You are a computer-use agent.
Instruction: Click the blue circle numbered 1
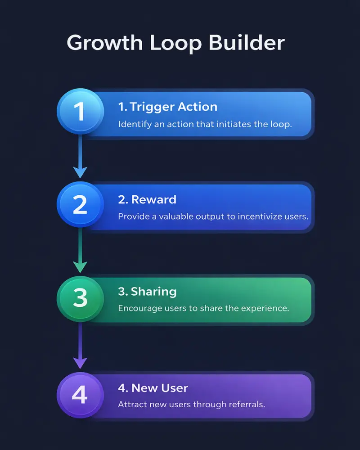coord(80,112)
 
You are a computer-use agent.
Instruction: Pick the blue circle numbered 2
coord(80,205)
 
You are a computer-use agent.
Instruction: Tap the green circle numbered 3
coord(80,298)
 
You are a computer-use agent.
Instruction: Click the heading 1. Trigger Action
coord(167,107)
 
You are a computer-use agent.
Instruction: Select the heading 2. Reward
coord(147,200)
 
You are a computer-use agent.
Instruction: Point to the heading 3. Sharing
coord(147,292)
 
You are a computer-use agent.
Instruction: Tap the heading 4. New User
coord(153,387)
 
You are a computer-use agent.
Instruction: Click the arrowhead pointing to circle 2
coord(80,171)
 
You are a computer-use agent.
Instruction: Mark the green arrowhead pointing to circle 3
coord(80,266)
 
